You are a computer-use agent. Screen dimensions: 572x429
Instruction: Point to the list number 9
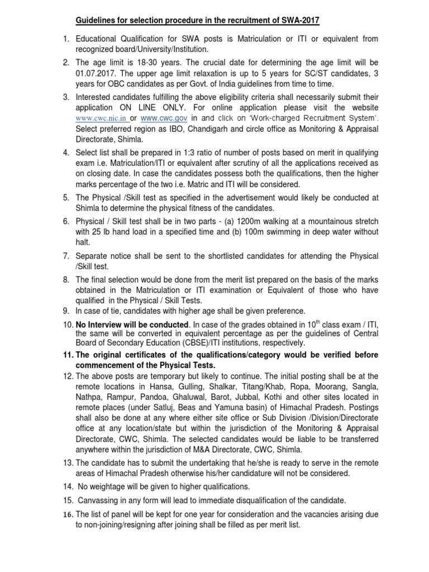pos(66,311)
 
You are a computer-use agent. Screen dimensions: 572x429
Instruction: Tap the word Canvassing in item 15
pos(102,501)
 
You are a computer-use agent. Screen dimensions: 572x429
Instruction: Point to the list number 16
pos(66,515)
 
